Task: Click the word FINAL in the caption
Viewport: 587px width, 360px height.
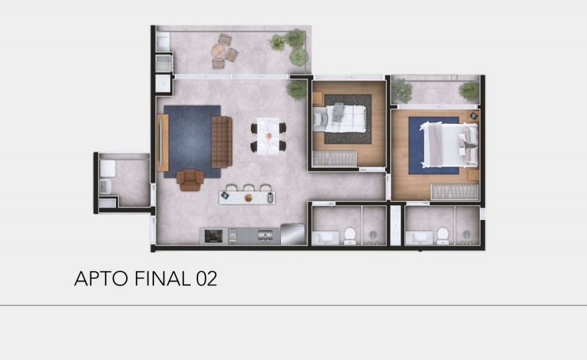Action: click(162, 279)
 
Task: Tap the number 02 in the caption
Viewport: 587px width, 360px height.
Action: click(206, 279)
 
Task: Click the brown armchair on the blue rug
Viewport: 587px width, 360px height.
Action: click(190, 180)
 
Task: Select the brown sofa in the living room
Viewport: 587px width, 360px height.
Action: click(222, 142)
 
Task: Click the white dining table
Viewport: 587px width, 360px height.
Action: click(268, 136)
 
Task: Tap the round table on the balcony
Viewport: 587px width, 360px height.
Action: click(218, 51)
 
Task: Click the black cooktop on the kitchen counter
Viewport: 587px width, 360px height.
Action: click(214, 236)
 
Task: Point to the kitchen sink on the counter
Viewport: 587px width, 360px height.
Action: click(266, 236)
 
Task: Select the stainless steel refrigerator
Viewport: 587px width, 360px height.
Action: click(292, 235)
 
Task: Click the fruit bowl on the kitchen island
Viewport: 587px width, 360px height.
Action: click(248, 197)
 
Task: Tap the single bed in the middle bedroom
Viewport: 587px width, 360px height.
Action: click(340, 118)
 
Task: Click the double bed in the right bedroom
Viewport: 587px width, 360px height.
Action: click(449, 144)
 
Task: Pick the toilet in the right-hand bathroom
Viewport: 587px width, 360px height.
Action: click(443, 236)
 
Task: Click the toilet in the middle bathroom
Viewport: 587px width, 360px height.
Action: click(350, 236)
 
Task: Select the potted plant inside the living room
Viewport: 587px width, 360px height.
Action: click(297, 89)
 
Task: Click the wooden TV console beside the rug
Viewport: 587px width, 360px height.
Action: click(163, 142)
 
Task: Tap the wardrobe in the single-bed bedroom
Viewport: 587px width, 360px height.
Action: click(335, 158)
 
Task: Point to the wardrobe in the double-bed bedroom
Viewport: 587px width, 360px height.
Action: click(454, 192)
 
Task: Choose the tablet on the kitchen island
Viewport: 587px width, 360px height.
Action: click(225, 195)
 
